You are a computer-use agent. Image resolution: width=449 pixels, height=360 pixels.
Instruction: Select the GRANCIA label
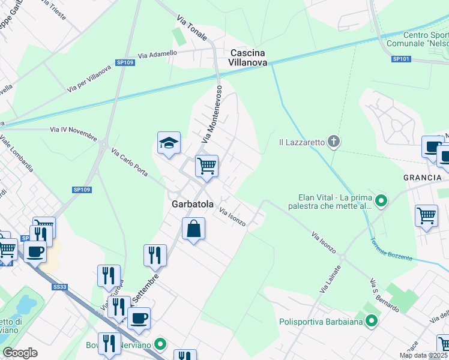[423, 178]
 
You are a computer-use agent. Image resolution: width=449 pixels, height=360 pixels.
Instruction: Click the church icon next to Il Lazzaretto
[334, 142]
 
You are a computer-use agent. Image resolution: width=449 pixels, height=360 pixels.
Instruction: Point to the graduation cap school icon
[169, 143]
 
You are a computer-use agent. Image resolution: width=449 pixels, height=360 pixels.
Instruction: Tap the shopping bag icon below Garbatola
[193, 229]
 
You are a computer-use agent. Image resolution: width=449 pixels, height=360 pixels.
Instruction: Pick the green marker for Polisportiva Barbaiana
[372, 321]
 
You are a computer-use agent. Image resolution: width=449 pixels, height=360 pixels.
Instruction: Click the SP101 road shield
[400, 59]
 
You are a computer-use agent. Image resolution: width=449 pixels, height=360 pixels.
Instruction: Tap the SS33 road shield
[59, 287]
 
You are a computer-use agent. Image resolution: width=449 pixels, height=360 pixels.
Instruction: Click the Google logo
[20, 352]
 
